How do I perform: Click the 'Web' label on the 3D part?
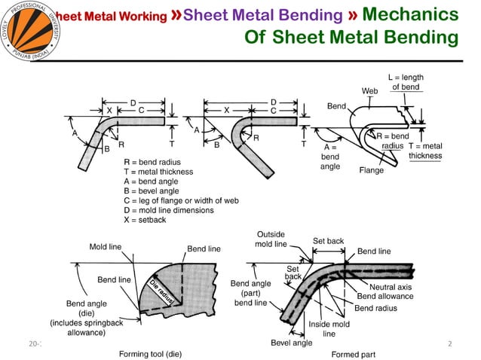tap(369, 90)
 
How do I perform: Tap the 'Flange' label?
tap(372, 170)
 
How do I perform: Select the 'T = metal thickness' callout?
tap(425, 151)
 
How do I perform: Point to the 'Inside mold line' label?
tap(329, 328)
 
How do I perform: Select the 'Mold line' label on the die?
tap(106, 246)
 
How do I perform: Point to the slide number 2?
tap(449, 343)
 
